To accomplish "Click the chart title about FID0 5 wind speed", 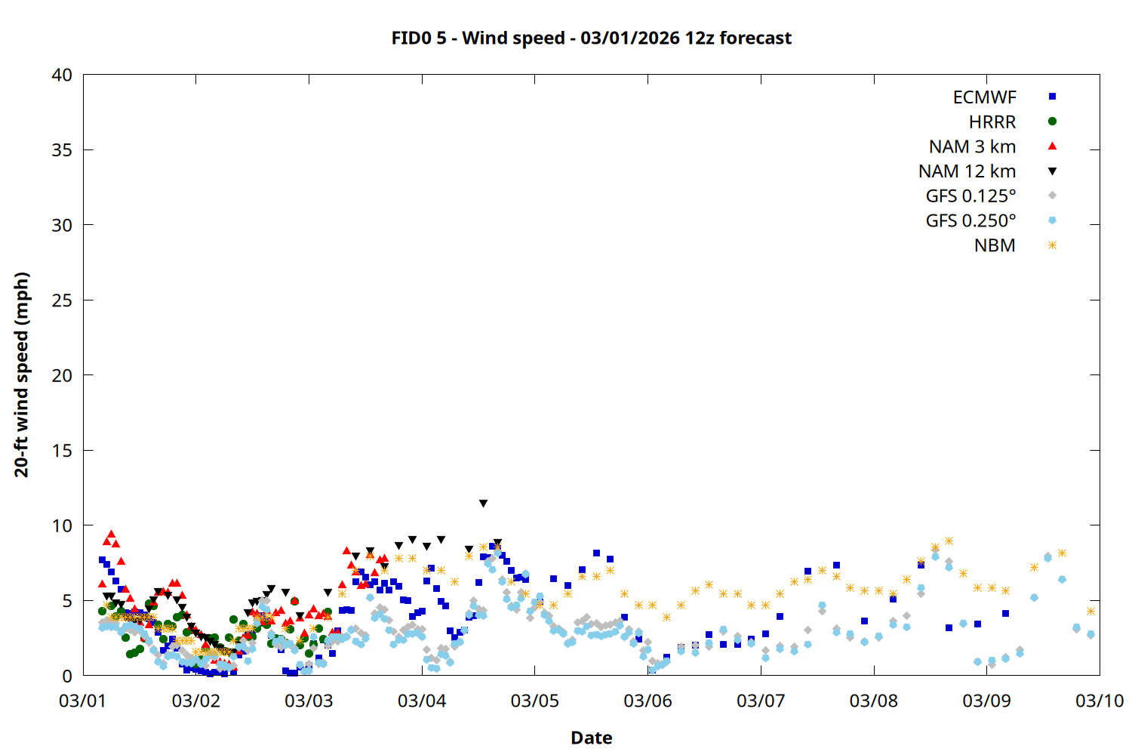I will (x=591, y=38).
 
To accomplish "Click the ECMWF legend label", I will (x=984, y=97).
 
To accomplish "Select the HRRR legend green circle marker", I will (x=1052, y=122).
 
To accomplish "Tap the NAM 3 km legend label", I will (x=972, y=146).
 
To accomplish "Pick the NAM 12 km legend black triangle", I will (x=1052, y=171).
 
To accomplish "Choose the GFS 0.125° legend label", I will (x=971, y=196).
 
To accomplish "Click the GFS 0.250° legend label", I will (x=971, y=220).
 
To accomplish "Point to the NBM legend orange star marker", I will (x=1052, y=245).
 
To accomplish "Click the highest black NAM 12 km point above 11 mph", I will (x=483, y=504).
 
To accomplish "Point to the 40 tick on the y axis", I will (x=62, y=75).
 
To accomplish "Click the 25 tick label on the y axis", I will (x=62, y=300).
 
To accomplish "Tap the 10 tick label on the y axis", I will (x=62, y=525).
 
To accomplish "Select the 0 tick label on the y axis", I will (x=67, y=676).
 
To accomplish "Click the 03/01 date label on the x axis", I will (x=83, y=701).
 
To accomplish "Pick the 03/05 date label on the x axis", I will (x=534, y=701).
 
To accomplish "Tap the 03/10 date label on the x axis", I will (x=1099, y=701).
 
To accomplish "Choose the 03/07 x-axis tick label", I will (x=760, y=701).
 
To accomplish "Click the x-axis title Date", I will (x=591, y=738).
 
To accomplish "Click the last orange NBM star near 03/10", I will (x=1090, y=611).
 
